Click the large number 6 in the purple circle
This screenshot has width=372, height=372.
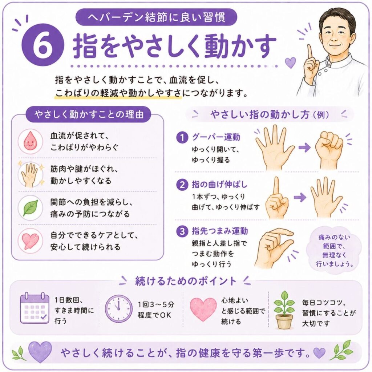[x=43, y=45]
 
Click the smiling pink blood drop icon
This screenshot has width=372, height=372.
[x=30, y=141]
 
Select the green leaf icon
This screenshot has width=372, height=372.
[x=31, y=207]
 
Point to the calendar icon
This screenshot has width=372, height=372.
[x=35, y=308]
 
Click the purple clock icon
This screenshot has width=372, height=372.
[x=119, y=309]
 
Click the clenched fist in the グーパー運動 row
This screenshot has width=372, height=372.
[x=329, y=149]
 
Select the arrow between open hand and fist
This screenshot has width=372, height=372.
[x=304, y=147]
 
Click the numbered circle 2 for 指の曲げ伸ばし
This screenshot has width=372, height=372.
[x=182, y=185]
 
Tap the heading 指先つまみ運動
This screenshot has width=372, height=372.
[x=220, y=231]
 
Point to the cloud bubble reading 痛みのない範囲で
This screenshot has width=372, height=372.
[x=334, y=250]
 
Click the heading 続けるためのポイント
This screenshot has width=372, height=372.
[x=186, y=281]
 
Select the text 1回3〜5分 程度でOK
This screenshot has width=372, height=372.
[x=156, y=310]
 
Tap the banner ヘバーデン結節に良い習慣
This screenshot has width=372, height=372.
[x=156, y=17]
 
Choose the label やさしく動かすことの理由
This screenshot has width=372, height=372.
[x=89, y=114]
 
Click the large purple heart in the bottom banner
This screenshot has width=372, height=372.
[x=40, y=352]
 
